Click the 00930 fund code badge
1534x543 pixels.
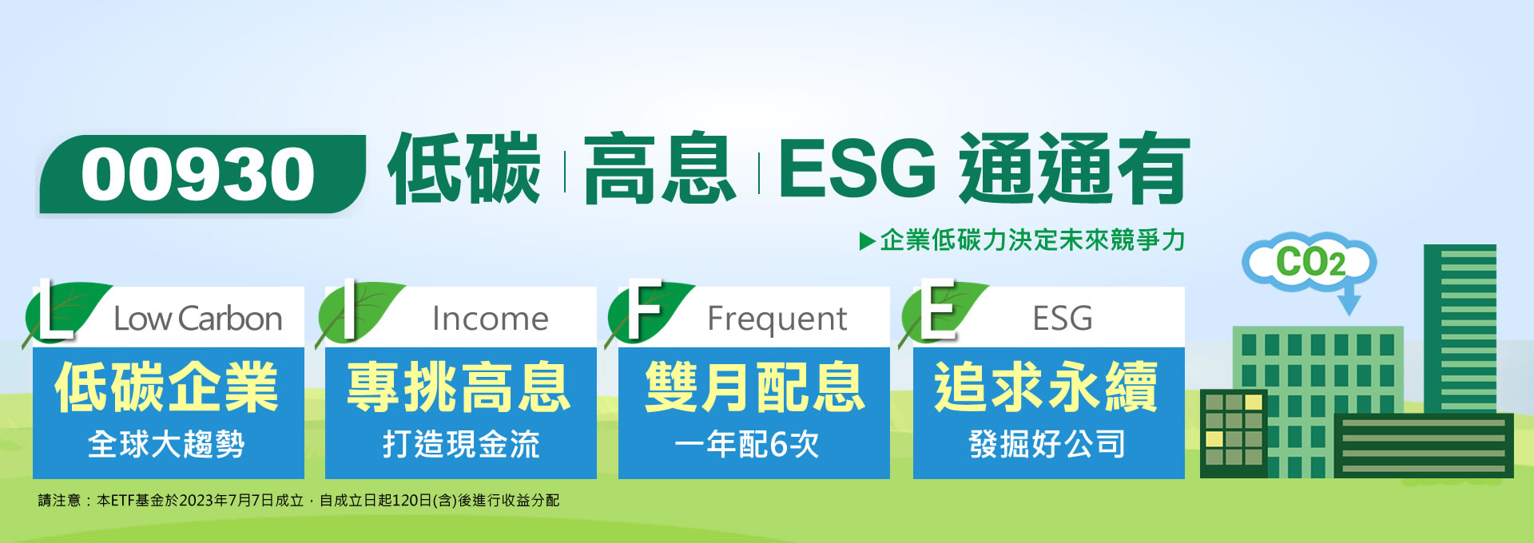(x=202, y=174)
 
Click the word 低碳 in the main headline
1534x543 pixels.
(x=464, y=169)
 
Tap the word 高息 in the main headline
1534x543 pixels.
(x=660, y=169)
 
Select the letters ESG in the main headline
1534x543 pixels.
(x=856, y=168)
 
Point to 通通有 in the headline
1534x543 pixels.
(x=1075, y=169)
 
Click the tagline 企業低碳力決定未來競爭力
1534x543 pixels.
(x=1032, y=240)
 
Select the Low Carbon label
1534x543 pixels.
(x=198, y=319)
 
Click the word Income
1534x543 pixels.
(x=491, y=319)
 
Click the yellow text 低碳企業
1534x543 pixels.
(x=167, y=387)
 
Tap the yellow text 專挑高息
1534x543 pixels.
(x=459, y=387)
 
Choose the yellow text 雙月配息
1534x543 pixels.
(x=754, y=387)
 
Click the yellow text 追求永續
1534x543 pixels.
(x=1047, y=387)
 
